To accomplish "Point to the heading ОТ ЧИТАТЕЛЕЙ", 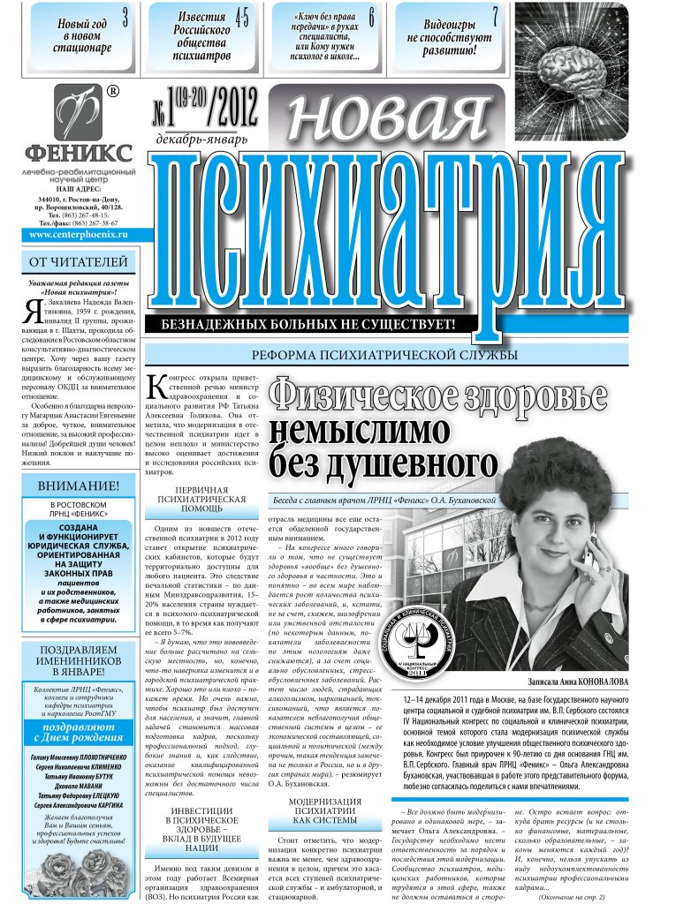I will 79,262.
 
